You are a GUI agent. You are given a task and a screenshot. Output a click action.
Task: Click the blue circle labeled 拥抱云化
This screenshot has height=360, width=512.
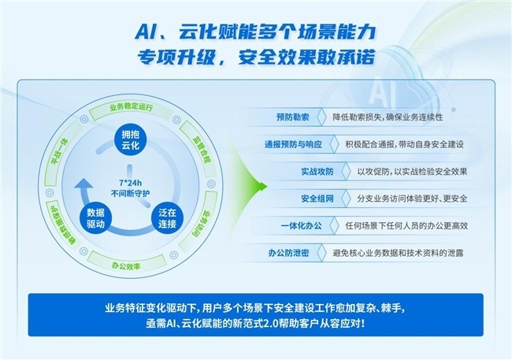(x=131, y=139)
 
